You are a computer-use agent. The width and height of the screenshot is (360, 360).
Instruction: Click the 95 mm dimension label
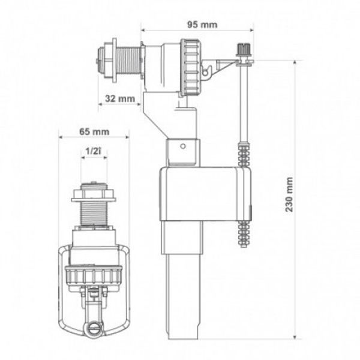click(x=202, y=25)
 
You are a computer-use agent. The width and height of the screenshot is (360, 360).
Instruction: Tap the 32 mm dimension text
click(x=120, y=99)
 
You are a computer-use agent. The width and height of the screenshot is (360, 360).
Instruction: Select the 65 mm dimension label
click(x=94, y=132)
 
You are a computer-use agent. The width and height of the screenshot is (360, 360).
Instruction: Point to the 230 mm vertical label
click(x=289, y=194)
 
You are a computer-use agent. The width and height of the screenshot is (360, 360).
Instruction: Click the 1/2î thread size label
click(x=93, y=151)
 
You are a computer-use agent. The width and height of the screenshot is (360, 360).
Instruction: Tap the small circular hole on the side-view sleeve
click(x=183, y=146)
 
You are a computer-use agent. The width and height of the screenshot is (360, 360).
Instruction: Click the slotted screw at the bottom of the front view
click(x=94, y=327)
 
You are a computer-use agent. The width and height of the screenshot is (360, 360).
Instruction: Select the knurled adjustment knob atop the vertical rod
click(x=243, y=49)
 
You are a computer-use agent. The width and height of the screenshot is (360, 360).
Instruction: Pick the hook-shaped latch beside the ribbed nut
click(x=207, y=71)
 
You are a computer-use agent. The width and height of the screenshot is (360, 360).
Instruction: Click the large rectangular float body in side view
click(x=205, y=194)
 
